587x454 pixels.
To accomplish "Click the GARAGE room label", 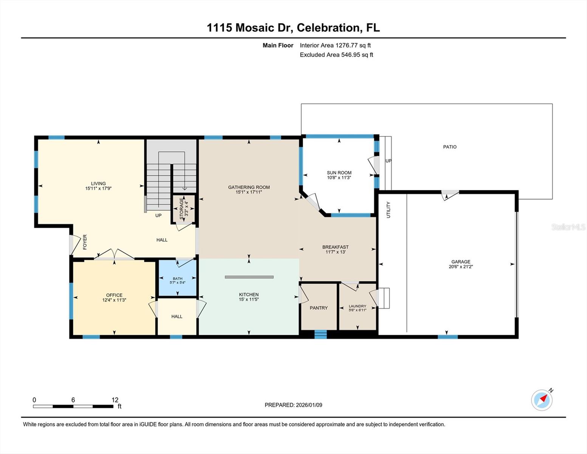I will (460, 261).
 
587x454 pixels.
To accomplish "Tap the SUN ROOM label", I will (339, 173).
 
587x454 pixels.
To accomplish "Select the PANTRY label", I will (319, 308).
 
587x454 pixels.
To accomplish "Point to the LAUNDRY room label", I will (357, 306).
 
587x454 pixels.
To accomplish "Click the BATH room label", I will (177, 278).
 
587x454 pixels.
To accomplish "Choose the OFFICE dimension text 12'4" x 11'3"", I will (114, 300).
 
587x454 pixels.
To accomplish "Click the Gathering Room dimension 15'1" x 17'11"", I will (249, 192).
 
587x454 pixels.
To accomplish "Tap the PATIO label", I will (450, 147).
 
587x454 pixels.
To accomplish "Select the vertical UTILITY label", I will (388, 210).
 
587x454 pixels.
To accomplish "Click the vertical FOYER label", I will (85, 242).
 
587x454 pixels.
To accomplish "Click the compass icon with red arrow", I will (542, 400).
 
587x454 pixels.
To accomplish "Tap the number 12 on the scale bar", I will (115, 400).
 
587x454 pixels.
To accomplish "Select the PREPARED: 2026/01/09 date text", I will (293, 405).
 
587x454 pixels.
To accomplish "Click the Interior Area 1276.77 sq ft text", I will (335, 45).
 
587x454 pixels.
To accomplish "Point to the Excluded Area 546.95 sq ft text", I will (336, 55).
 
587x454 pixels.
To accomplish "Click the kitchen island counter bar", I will (249, 277).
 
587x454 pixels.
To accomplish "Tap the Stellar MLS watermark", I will (568, 227).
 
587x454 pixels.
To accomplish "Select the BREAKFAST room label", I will (335, 247).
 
